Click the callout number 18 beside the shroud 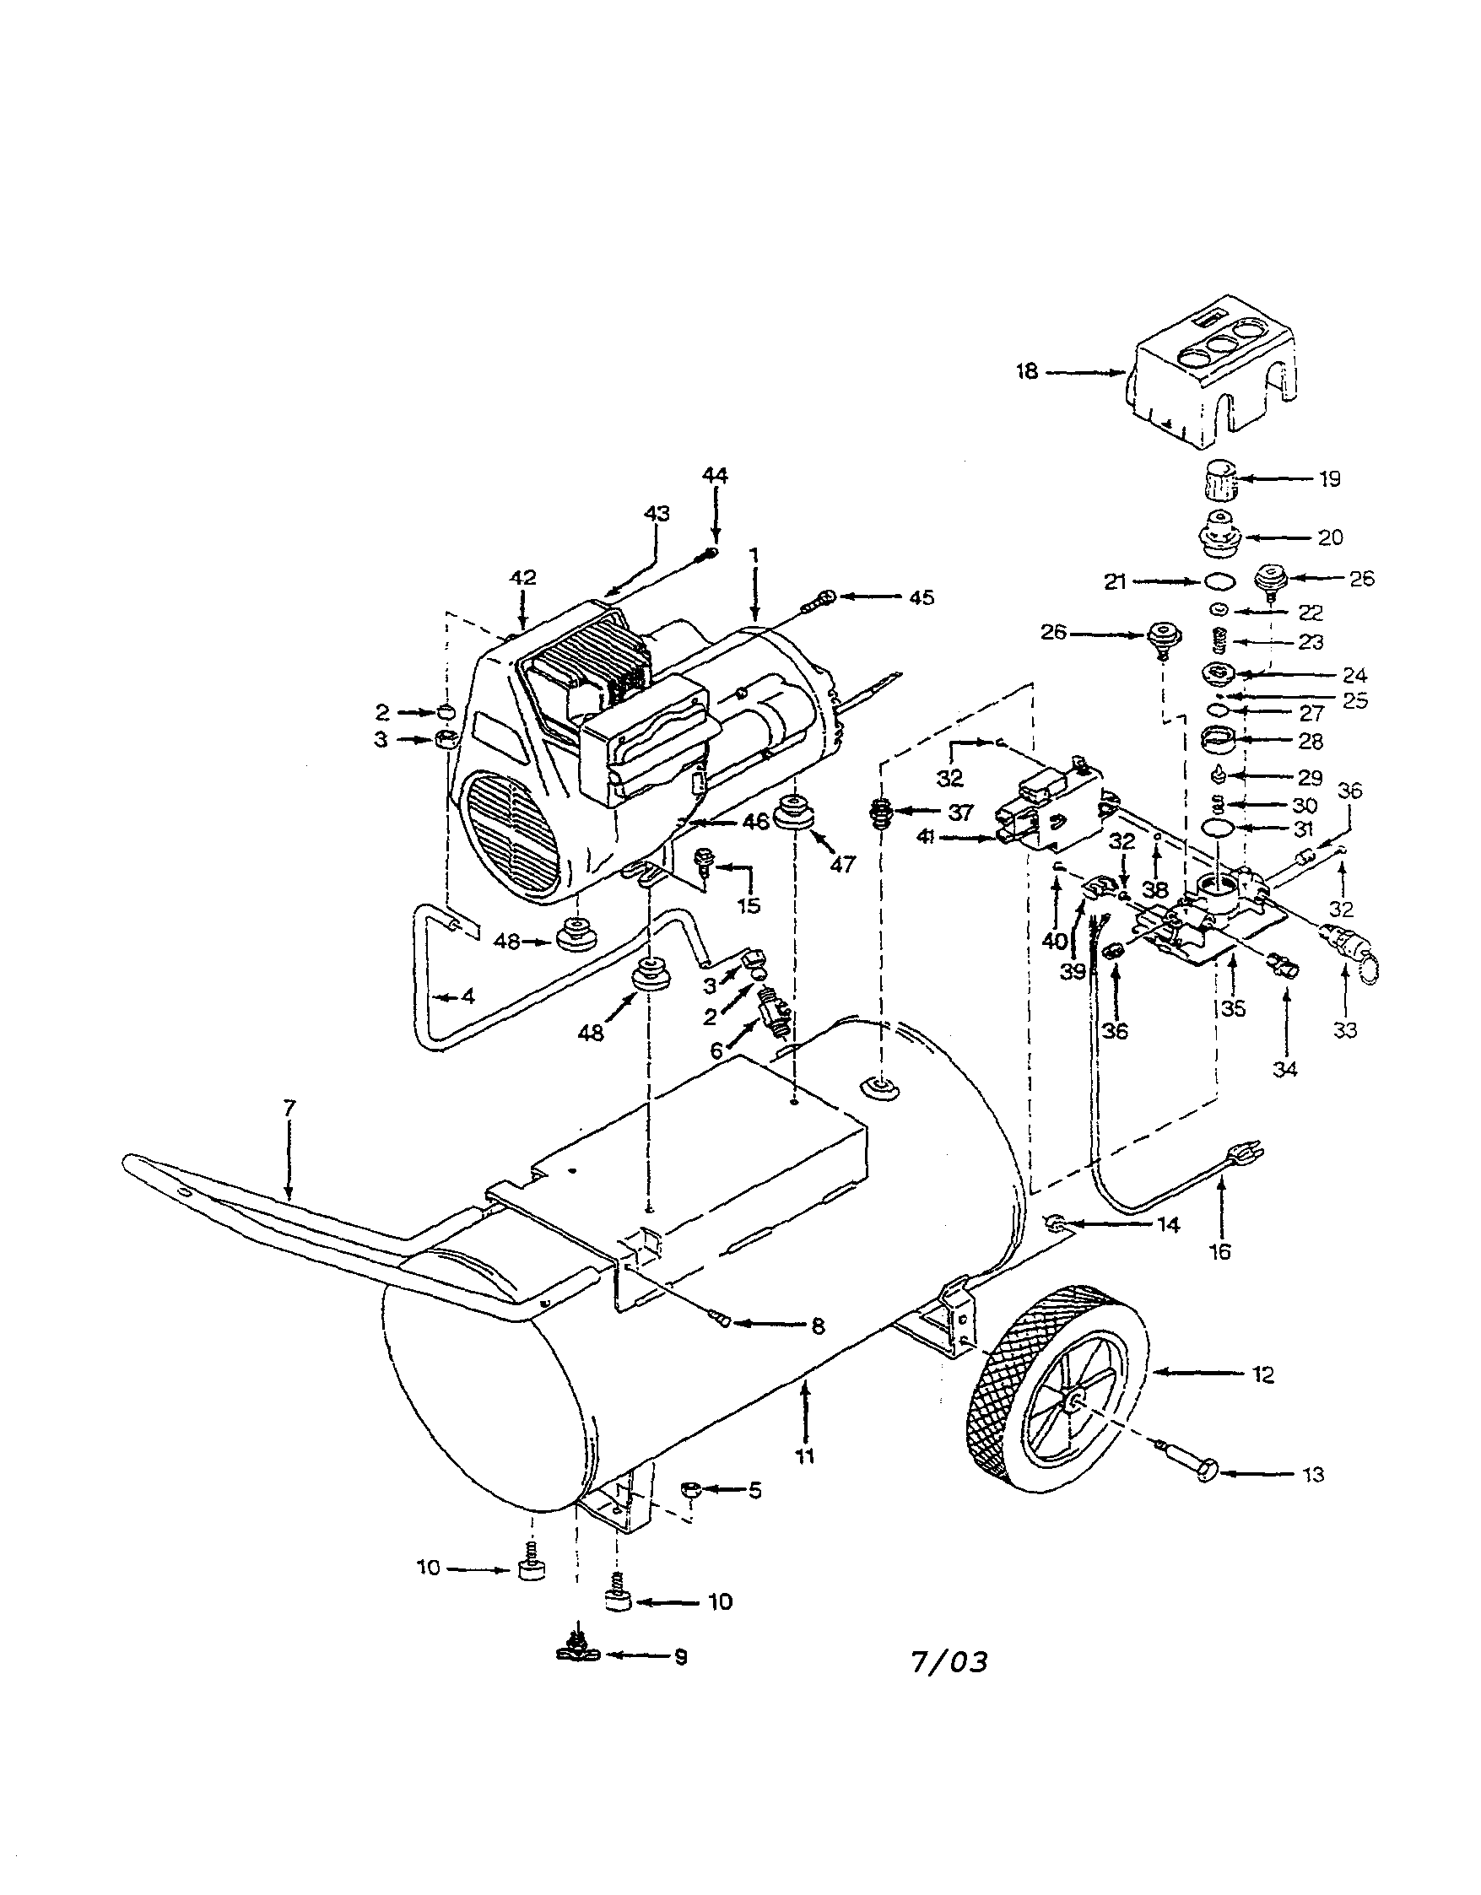pos(1027,372)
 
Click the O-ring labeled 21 pos(1220,582)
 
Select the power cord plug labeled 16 pos(1246,1155)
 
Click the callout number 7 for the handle pos(289,1108)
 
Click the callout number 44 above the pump pos(715,476)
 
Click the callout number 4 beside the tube pos(468,997)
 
